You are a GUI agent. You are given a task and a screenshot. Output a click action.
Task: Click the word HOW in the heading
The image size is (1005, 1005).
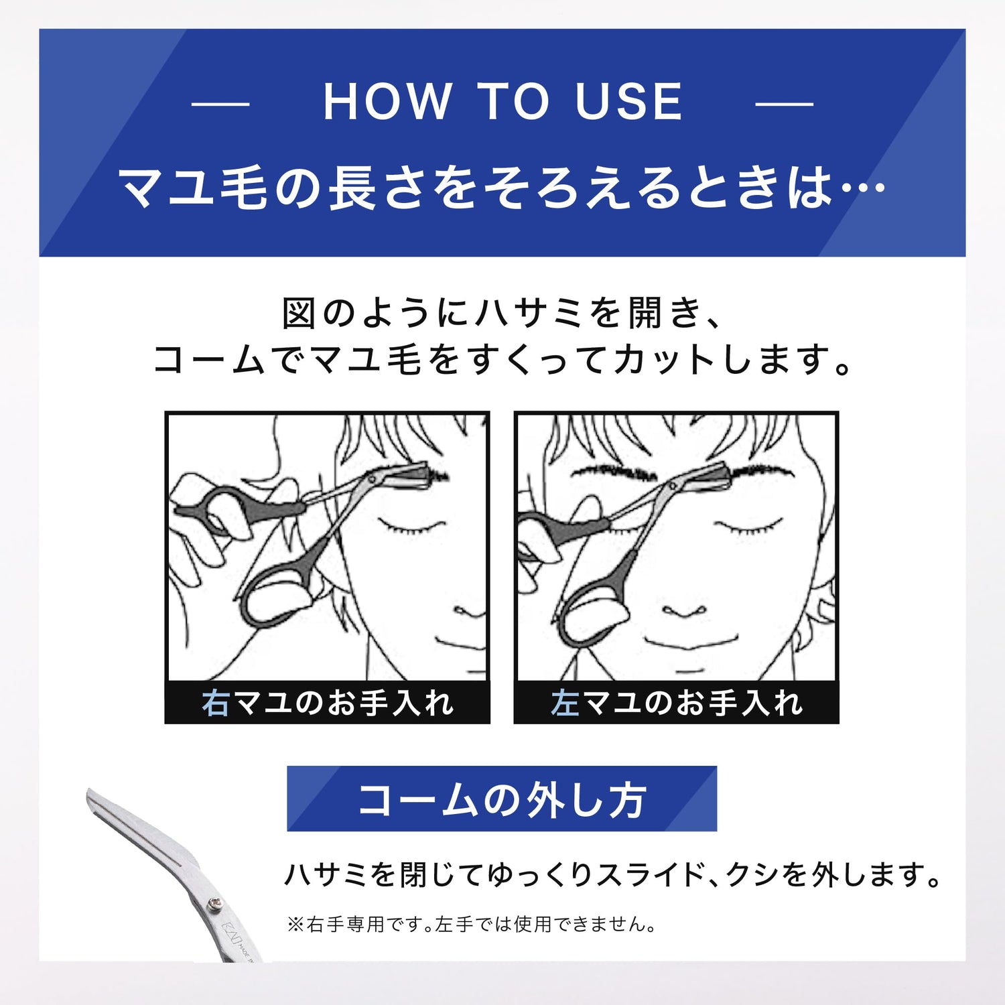coord(387,102)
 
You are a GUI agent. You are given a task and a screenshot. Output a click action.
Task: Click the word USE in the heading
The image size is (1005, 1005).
coord(628,102)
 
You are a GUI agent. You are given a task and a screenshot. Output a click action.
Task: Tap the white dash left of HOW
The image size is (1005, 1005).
coord(220,104)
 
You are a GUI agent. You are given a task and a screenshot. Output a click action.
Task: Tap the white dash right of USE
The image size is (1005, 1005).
coord(785,104)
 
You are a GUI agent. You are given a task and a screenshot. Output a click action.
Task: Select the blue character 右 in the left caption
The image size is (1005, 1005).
coord(216,703)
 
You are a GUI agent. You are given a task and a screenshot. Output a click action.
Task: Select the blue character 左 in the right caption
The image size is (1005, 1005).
coord(565,703)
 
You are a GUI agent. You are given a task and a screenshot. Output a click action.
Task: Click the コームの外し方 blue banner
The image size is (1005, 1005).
coord(502,799)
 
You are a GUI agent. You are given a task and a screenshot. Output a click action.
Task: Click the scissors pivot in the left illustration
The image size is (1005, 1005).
coord(369,480)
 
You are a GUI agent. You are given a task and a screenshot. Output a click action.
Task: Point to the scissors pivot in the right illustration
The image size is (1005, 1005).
coord(672,484)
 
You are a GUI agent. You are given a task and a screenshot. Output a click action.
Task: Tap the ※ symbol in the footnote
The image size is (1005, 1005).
coord(295,925)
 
